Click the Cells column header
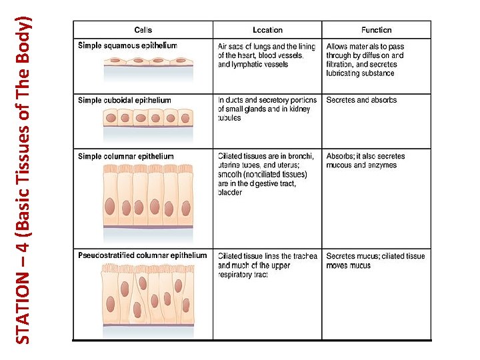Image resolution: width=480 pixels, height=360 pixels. tap(143, 30)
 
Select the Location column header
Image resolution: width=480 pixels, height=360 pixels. tap(267, 30)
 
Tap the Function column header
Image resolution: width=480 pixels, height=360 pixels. tap(376, 30)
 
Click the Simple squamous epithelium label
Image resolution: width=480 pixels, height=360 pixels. tap(127, 46)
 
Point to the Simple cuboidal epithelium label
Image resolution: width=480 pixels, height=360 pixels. tap(124, 101)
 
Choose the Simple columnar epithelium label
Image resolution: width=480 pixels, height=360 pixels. tap(125, 157)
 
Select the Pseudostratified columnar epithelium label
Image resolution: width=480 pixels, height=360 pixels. tap(142, 255)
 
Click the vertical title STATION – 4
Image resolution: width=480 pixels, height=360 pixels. tap(23, 179)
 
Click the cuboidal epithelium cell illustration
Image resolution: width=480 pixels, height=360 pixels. tap(147, 118)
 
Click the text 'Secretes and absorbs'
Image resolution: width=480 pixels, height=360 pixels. tap(361, 101)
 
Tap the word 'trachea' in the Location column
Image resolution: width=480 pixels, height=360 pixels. tap(304, 256)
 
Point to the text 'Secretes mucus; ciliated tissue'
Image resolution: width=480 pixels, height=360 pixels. tap(375, 256)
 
